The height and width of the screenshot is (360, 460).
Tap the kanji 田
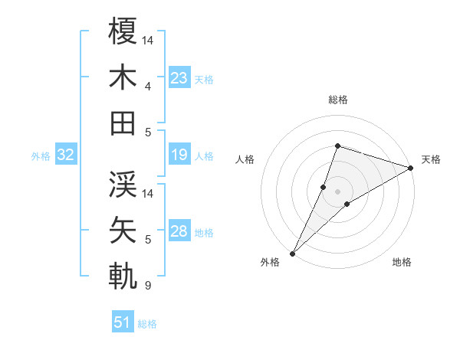pyautogui.click(x=123, y=123)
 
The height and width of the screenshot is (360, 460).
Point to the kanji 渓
pyautogui.click(x=123, y=184)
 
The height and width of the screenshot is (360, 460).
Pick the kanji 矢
pyautogui.click(x=123, y=230)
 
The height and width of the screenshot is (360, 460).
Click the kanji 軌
pyautogui.click(x=123, y=276)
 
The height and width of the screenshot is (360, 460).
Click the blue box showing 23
pyautogui.click(x=179, y=77)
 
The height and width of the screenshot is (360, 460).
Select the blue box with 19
pyautogui.click(x=179, y=155)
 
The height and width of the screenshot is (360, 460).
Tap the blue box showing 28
pyautogui.click(x=179, y=231)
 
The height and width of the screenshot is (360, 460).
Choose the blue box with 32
pyautogui.click(x=65, y=155)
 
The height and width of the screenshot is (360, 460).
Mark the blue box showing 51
pyautogui.click(x=123, y=322)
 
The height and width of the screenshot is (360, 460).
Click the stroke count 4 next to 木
pyautogui.click(x=147, y=86)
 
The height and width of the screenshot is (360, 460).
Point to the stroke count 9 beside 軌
pyautogui.click(x=147, y=286)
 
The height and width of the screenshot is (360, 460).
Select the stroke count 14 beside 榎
pyautogui.click(x=149, y=39)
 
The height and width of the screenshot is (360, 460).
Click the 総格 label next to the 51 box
pyautogui.click(x=147, y=324)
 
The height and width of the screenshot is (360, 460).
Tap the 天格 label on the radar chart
pyautogui.click(x=432, y=159)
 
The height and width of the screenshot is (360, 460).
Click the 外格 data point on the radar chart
pyautogui.click(x=293, y=253)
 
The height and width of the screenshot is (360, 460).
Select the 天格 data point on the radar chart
pyautogui.click(x=410, y=168)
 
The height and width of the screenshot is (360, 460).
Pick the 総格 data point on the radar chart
pyautogui.click(x=337, y=146)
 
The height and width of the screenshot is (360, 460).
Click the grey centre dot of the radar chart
pyautogui.click(x=337, y=191)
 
